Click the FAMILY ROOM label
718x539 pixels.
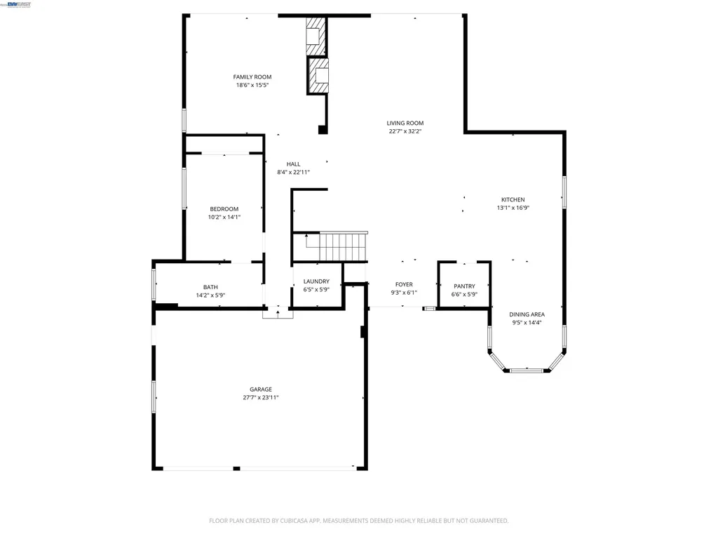[x=252, y=77]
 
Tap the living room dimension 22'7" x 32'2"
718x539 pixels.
[x=405, y=131]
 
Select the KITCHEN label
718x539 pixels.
[x=513, y=200]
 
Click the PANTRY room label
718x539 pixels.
[x=464, y=286]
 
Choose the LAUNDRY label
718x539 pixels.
[x=316, y=281]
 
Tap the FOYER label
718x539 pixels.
[x=404, y=285]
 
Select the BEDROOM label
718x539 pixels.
[x=224, y=209]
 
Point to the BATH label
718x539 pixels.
[x=210, y=287]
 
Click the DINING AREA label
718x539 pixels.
[x=526, y=314]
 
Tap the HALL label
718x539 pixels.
[x=293, y=164]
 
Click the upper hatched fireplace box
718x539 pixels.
[x=316, y=36]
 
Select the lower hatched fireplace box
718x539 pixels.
[x=319, y=76]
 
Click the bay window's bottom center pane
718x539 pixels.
[x=526, y=370]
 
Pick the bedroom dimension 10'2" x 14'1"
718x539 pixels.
[x=224, y=218]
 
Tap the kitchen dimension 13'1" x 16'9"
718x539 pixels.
[x=513, y=208]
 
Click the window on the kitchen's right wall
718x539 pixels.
[x=564, y=192]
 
